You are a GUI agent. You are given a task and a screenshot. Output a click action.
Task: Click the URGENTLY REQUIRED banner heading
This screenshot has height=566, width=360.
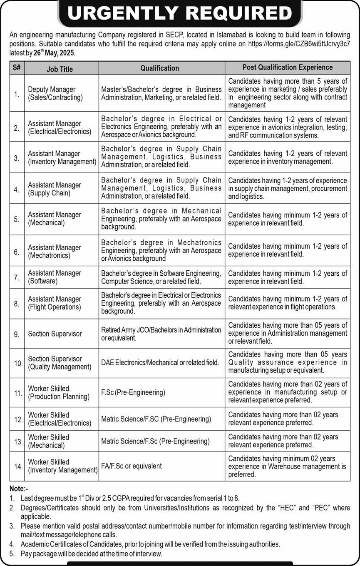[x=180, y=14]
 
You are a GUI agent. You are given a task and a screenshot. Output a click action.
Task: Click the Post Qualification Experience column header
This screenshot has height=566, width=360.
[x=288, y=67]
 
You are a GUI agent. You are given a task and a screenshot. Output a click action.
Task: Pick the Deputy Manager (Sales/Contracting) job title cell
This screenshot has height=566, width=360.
[x=55, y=94]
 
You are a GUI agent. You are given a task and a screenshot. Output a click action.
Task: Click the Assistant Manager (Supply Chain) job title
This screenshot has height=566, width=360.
[x=55, y=189]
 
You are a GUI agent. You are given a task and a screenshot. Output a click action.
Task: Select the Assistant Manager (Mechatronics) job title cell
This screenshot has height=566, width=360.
[x=55, y=251]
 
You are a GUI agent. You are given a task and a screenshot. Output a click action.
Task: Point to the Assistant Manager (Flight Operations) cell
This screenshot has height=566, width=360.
[x=55, y=303]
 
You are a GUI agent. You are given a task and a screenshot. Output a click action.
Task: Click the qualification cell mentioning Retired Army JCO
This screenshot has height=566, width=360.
[x=161, y=334]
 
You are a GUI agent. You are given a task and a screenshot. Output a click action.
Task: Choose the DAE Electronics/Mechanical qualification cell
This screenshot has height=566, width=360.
[x=160, y=363]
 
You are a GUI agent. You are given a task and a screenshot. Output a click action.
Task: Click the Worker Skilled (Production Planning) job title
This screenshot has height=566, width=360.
[x=59, y=392]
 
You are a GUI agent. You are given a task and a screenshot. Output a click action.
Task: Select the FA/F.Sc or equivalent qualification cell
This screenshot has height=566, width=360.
[x=132, y=466]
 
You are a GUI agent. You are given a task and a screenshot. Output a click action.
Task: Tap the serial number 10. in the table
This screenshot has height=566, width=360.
[x=18, y=363]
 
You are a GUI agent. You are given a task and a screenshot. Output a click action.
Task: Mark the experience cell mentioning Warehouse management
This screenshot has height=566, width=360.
[x=287, y=466]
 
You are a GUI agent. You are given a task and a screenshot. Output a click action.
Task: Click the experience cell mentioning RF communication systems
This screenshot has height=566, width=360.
[x=287, y=127]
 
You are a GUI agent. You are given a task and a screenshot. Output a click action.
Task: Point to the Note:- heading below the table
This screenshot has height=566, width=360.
[x=19, y=489]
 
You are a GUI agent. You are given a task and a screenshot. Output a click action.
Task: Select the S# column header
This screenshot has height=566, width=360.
[x=17, y=68]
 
